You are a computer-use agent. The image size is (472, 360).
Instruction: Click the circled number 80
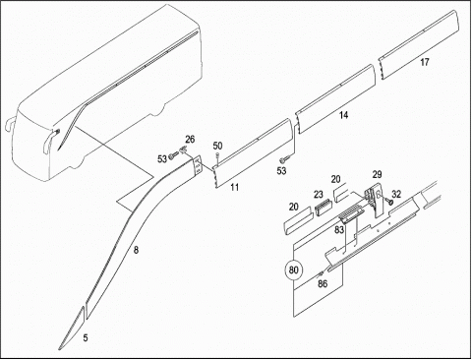293,270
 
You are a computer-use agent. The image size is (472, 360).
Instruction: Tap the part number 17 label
425,62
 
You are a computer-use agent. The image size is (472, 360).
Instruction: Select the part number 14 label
344,115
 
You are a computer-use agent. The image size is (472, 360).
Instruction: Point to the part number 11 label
235,187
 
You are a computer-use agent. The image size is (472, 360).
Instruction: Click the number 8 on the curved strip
136,250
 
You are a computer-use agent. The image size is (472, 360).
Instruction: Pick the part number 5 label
86,338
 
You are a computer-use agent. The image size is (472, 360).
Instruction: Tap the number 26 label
190,140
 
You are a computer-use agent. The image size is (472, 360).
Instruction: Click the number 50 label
217,146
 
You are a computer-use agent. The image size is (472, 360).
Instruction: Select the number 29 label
377,174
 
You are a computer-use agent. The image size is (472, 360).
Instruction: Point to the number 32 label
396,194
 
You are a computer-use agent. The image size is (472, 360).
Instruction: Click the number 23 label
319,195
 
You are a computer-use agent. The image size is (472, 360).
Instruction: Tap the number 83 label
339,229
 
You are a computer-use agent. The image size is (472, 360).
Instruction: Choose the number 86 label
323,283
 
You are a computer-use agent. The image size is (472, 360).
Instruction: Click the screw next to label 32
389,201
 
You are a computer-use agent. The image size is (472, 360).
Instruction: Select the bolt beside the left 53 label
172,157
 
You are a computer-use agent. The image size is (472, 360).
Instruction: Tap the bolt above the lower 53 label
283,160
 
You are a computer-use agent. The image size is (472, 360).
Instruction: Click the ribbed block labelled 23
324,208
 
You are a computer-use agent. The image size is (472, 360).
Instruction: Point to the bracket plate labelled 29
375,200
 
